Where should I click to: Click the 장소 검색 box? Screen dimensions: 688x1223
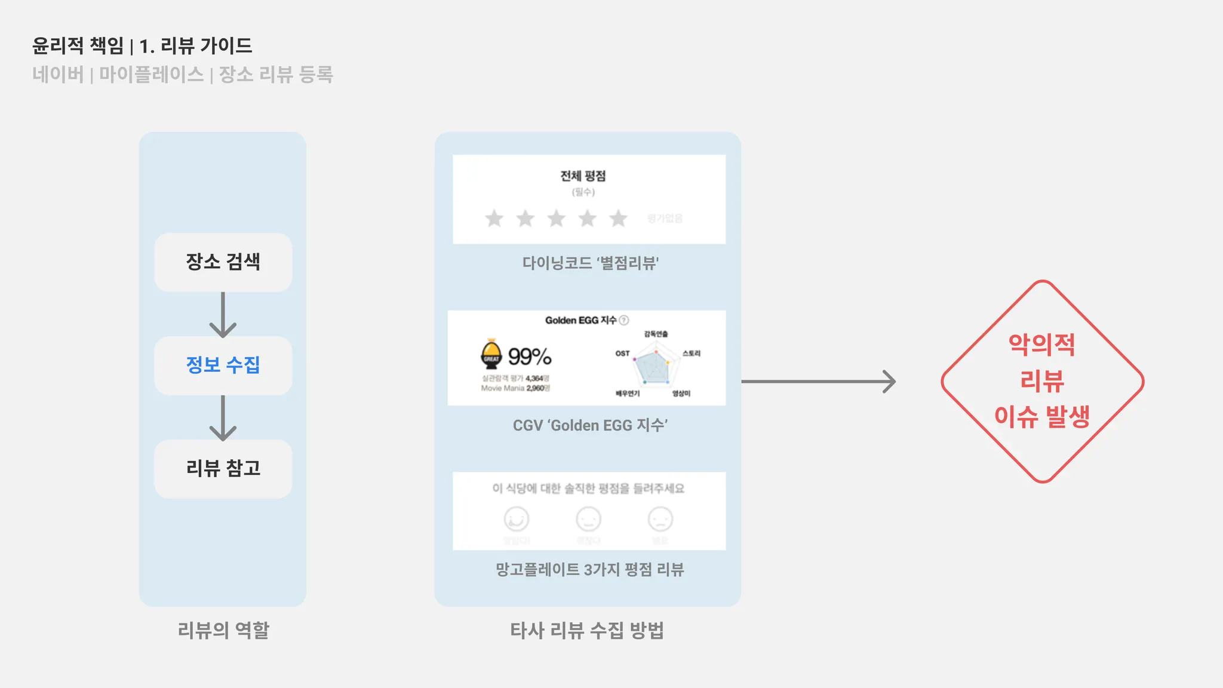[223, 262]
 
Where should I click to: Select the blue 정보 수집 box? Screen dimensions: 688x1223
[223, 365]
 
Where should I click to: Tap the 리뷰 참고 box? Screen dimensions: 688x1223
[223, 469]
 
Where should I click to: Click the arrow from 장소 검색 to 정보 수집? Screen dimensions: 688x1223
[223, 314]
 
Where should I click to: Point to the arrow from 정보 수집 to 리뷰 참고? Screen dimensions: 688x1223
[223, 417]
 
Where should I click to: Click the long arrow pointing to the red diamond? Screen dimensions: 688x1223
[818, 382]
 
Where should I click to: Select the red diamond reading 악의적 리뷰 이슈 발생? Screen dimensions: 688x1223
[1042, 381]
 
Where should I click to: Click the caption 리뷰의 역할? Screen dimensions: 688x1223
[223, 630]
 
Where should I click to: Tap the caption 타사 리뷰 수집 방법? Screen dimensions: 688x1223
[587, 630]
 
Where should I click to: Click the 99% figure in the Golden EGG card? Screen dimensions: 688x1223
[530, 357]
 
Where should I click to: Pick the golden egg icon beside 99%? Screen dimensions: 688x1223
[491, 354]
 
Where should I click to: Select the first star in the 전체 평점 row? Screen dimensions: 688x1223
[494, 219]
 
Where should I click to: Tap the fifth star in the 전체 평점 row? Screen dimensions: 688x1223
[618, 219]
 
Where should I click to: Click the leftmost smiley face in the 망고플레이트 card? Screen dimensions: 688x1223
[517, 519]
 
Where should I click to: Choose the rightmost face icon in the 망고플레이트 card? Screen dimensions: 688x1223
[660, 519]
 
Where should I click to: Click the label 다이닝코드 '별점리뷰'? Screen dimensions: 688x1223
[590, 263]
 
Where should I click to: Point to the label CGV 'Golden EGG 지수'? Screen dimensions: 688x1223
[590, 425]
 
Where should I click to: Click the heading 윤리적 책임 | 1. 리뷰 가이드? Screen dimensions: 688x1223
[142, 46]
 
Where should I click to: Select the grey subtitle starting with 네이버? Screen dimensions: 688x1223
[182, 75]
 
